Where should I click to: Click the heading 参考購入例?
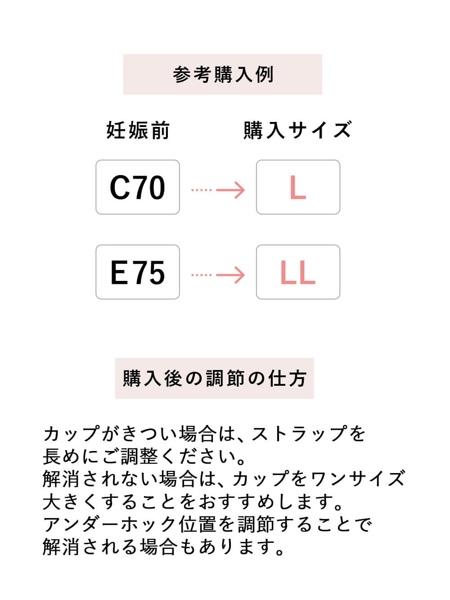click(223, 74)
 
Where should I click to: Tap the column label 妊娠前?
click(138, 131)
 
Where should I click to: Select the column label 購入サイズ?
click(297, 131)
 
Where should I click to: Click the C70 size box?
click(138, 187)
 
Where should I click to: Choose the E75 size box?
click(138, 272)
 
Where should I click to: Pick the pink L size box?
click(298, 187)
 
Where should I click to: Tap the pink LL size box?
click(298, 272)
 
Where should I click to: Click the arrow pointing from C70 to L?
click(218, 190)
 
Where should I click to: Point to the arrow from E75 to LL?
click(218, 275)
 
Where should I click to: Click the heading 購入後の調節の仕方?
click(215, 379)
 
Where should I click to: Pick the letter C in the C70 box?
click(120, 188)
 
